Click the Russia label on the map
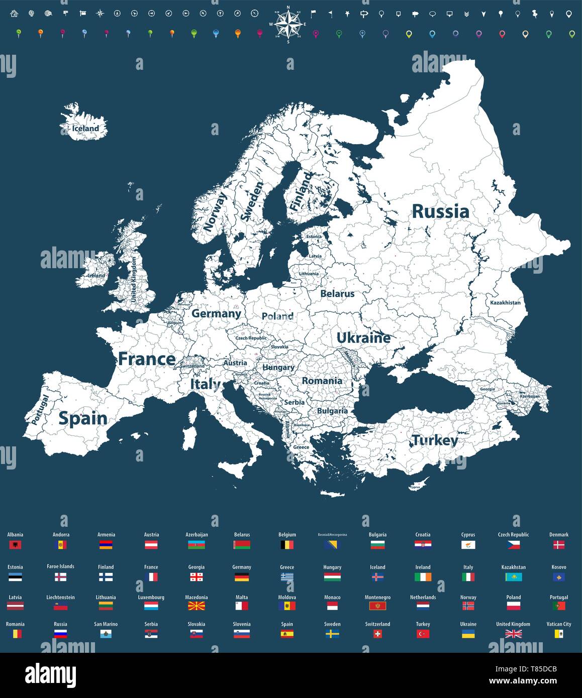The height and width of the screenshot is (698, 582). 440,211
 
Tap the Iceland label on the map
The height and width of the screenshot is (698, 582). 85,129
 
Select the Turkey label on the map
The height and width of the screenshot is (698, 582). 435,440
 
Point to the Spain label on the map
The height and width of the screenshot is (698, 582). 83,418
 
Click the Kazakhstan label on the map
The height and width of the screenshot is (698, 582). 505,303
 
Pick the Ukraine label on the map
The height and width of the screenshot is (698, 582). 363,338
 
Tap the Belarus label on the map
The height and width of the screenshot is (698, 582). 337,294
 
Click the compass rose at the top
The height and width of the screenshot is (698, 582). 288,24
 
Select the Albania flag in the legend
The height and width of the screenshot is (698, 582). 15,545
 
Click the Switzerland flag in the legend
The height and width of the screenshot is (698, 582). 377,634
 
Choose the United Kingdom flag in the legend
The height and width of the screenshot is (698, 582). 513,634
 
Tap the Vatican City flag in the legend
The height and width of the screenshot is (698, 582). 558,634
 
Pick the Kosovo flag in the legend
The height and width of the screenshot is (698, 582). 558,577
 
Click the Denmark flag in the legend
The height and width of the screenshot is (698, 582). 558,545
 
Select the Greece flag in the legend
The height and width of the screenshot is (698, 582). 287,577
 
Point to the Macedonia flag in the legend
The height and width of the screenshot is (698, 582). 196,606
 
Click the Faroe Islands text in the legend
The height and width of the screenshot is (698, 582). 60,566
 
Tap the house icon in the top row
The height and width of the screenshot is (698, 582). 14,14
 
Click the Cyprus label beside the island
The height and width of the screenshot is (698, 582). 415,487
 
